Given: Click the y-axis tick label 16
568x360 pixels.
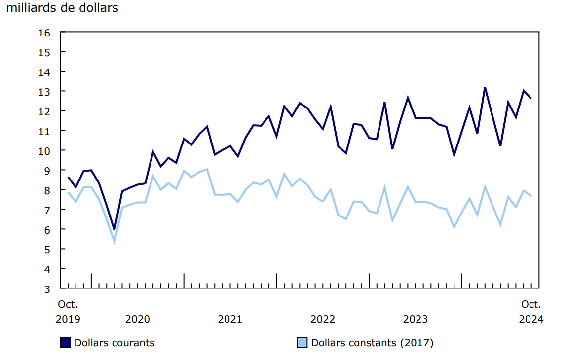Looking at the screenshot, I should click(x=44, y=33).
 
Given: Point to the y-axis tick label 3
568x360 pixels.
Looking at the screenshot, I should click(x=47, y=289).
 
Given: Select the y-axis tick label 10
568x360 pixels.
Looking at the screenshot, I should click(x=44, y=151).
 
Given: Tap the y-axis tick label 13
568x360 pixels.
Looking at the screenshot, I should click(x=44, y=92).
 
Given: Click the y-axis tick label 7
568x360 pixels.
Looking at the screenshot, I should click(x=47, y=210).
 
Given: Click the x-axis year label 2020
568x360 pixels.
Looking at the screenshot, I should click(x=137, y=319).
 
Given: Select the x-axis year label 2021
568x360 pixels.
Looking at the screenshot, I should click(x=230, y=319).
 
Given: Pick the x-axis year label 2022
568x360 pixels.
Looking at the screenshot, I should click(x=323, y=319).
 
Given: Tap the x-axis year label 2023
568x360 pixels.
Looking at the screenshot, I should click(x=416, y=319).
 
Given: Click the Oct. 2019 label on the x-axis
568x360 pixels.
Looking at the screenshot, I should click(x=68, y=311).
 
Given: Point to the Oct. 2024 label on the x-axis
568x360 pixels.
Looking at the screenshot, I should click(x=531, y=311).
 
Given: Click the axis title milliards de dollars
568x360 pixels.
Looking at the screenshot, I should click(x=62, y=8).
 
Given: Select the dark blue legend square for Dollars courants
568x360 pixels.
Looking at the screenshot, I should click(x=65, y=343).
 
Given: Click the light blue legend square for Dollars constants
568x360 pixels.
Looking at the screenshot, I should click(x=302, y=343).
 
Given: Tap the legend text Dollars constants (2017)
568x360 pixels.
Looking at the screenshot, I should click(x=372, y=343).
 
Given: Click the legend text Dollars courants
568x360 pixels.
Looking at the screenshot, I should click(x=114, y=343).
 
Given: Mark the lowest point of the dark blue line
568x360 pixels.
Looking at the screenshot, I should click(x=114, y=229).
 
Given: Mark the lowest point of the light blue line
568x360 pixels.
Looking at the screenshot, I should click(x=114, y=242).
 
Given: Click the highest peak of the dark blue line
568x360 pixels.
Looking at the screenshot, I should click(x=485, y=87).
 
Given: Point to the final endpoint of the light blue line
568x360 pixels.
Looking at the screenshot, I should click(x=531, y=196).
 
